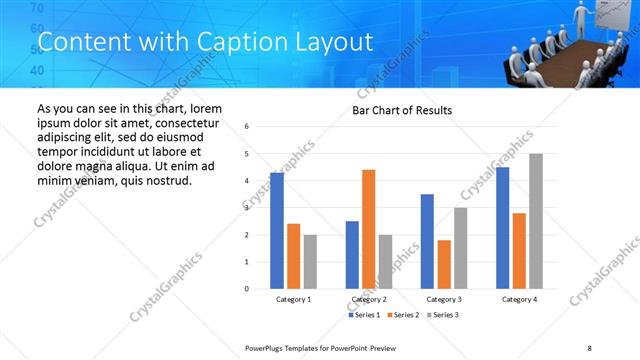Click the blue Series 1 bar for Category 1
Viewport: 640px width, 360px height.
(277, 231)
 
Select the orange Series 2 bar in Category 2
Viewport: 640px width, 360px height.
(368, 229)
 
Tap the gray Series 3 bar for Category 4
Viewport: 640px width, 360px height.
(536, 221)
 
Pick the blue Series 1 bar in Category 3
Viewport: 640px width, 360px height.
(427, 241)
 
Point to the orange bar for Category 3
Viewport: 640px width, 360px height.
(444, 264)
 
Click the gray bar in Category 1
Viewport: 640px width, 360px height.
(310, 262)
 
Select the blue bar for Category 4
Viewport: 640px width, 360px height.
(502, 228)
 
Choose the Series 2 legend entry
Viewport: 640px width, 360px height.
(401, 316)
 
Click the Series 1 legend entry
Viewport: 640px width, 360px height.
(363, 316)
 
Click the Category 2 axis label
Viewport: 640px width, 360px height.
(369, 299)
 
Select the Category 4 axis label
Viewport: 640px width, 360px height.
(519, 299)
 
